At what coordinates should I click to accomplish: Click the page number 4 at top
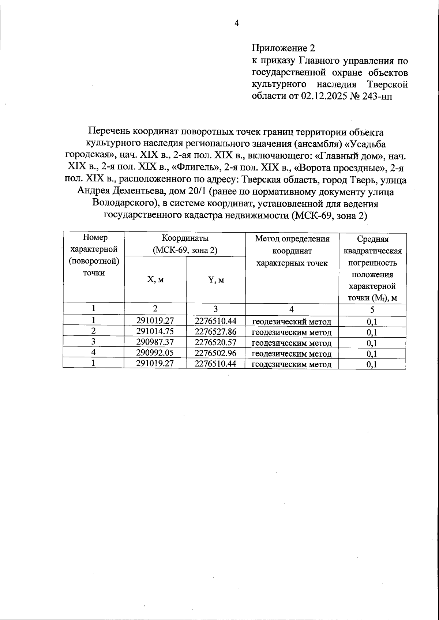tap(237, 23)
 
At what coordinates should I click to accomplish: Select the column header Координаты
tap(185, 238)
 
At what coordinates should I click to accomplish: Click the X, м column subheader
tap(155, 279)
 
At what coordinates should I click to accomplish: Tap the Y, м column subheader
tap(216, 280)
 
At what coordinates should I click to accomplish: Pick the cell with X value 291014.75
tap(155, 331)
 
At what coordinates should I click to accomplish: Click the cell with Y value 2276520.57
tap(215, 342)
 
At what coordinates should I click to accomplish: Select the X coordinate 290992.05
tap(155, 353)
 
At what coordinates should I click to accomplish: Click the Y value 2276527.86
tap(215, 331)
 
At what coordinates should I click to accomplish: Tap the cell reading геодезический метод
tap(292, 322)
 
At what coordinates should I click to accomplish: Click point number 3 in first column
tap(94, 342)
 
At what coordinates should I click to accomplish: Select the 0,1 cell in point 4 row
tap(372, 353)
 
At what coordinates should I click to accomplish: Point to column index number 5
tap(372, 310)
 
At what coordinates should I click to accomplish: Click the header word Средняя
tap(372, 239)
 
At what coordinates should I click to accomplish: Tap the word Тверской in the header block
tap(387, 84)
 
